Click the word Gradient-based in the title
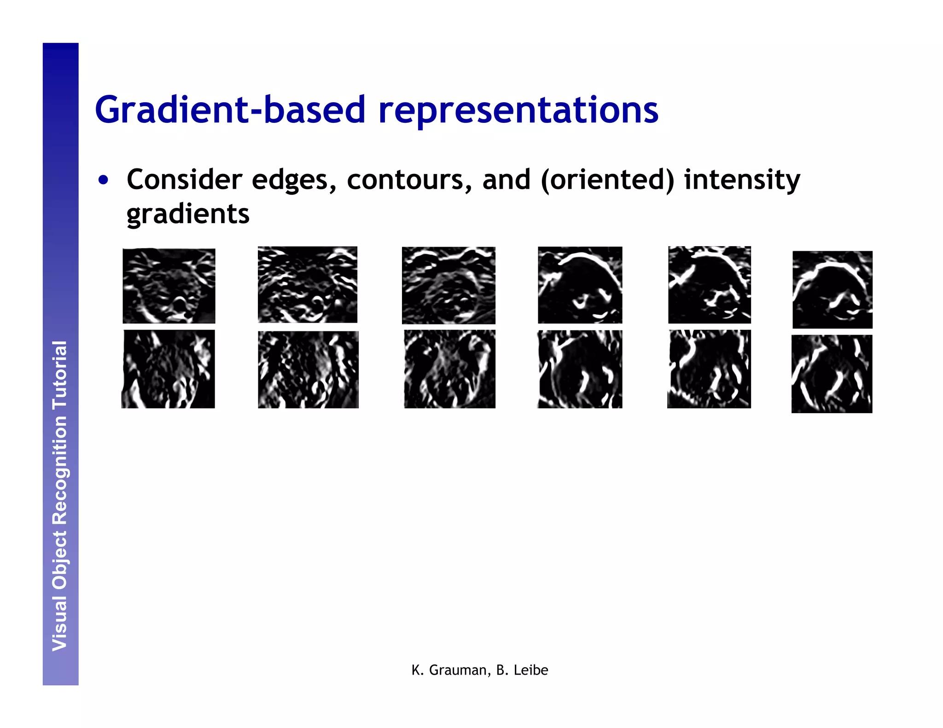pos(230,110)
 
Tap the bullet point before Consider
pos(104,180)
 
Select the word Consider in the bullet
pos(184,179)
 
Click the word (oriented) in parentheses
pos(607,179)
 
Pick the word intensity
pos(742,179)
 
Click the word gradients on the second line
pos(188,214)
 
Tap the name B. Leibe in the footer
pos(522,670)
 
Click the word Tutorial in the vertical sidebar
pos(60,375)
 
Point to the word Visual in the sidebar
pos(60,624)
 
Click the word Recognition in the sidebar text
pos(60,469)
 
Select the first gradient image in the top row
pos(169,285)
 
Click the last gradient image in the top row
pos(832,289)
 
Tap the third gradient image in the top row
pos(448,285)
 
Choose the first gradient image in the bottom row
pos(168,369)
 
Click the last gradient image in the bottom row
pos(832,373)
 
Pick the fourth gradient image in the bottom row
pos(580,369)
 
